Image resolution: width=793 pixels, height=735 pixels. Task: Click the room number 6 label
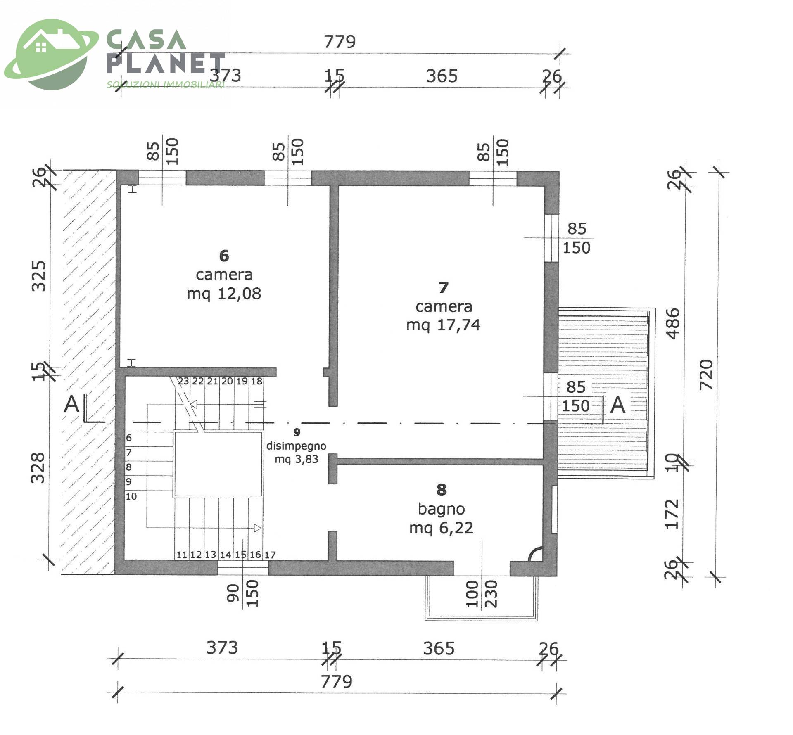click(224, 256)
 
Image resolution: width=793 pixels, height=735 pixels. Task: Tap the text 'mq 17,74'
click(443, 325)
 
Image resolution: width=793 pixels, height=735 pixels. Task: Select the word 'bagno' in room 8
click(441, 509)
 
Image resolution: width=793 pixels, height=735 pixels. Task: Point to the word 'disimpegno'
click(296, 446)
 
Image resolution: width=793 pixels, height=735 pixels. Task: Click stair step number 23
click(183, 381)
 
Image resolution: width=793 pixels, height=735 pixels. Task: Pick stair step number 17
click(270, 555)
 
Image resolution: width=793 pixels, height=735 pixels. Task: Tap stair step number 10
click(131, 496)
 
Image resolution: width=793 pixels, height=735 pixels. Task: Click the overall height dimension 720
click(707, 375)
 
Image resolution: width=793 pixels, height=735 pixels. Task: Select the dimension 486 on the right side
click(673, 324)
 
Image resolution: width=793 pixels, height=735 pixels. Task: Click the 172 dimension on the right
click(672, 514)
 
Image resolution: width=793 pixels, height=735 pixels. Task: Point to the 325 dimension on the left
click(39, 276)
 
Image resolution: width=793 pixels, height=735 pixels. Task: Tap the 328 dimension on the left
click(38, 467)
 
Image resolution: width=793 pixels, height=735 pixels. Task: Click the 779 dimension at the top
click(340, 42)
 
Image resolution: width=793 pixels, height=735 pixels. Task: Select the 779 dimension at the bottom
click(337, 681)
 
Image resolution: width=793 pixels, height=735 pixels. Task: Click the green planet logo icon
click(50, 54)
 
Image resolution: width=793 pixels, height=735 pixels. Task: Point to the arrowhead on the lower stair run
click(257, 528)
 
